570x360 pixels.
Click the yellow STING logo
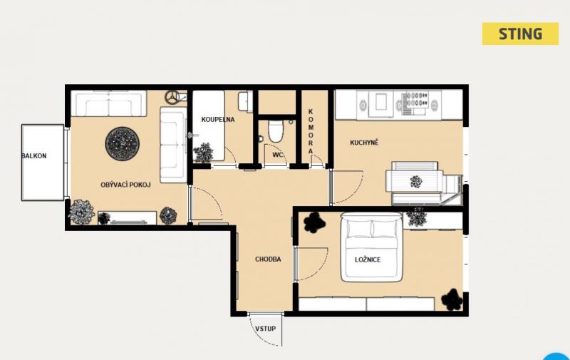(x=520, y=34)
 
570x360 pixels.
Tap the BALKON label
(x=33, y=156)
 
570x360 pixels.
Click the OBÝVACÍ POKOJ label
(x=125, y=185)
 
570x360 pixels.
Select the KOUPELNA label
(x=218, y=119)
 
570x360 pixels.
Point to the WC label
(x=278, y=155)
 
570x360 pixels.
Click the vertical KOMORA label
(x=311, y=131)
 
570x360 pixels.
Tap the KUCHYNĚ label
(x=364, y=143)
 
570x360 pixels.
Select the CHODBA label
(x=268, y=259)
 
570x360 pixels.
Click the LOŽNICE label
(x=368, y=259)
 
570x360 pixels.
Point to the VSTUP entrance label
(x=265, y=329)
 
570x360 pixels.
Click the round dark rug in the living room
(x=122, y=143)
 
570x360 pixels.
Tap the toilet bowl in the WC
(x=276, y=131)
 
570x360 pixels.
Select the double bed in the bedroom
(x=371, y=247)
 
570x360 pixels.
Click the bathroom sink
(x=244, y=101)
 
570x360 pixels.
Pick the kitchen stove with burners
(x=415, y=100)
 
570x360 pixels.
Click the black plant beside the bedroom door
(x=314, y=222)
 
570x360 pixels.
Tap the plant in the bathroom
(x=203, y=153)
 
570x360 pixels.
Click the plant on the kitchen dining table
(x=416, y=181)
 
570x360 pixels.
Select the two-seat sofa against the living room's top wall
(x=109, y=103)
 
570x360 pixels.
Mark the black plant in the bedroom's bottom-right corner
(x=452, y=300)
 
